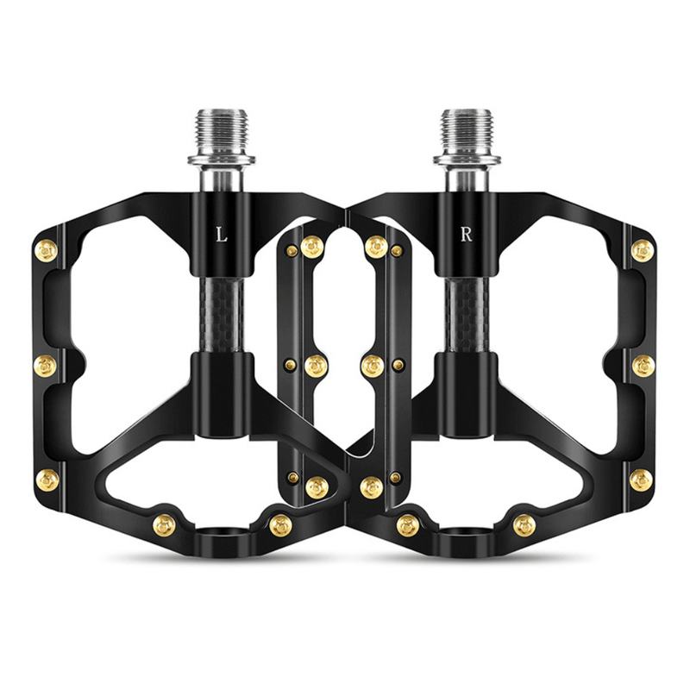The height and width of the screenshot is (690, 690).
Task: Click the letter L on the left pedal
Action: click(222, 235)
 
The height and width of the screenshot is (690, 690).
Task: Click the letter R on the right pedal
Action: click(466, 235)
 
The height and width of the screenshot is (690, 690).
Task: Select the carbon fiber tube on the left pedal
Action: click(222, 316)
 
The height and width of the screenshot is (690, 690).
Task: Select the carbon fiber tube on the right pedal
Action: click(467, 316)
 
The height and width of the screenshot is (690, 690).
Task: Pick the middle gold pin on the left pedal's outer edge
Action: click(46, 366)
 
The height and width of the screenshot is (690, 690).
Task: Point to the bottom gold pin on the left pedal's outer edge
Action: click(47, 480)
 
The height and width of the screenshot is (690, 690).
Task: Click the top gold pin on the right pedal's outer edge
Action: click(643, 251)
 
